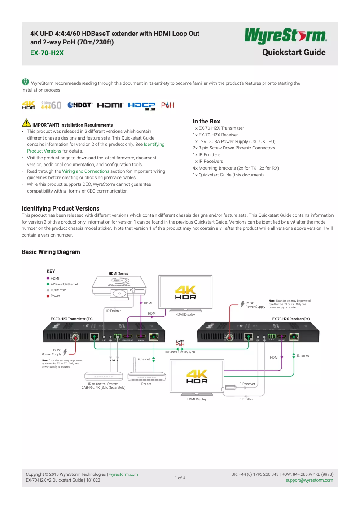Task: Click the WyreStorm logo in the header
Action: click(285, 36)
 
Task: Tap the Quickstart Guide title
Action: click(294, 53)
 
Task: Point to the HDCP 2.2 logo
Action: click(141, 105)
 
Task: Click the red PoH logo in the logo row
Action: click(167, 105)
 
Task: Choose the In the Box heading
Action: click(206, 121)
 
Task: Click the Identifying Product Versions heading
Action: click(61, 208)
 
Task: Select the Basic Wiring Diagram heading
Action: click(51, 252)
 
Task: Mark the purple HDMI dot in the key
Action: click(48, 278)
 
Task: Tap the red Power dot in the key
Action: click(48, 296)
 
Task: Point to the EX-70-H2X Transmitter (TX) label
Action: click(71, 319)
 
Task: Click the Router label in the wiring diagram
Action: click(146, 384)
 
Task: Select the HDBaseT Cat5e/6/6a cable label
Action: click(179, 352)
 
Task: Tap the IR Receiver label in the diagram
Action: click(246, 384)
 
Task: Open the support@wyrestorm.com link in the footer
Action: click(309, 480)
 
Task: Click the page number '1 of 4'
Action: click(180, 478)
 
